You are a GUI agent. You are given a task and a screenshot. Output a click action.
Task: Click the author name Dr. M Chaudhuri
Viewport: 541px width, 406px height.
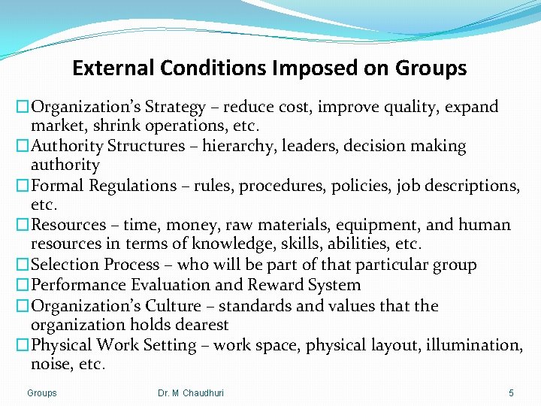pyautogui.click(x=191, y=393)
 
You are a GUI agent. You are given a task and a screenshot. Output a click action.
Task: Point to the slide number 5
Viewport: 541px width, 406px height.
pyautogui.click(x=511, y=393)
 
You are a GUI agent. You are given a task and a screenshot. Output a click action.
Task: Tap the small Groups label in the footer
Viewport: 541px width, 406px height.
pyautogui.click(x=42, y=393)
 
